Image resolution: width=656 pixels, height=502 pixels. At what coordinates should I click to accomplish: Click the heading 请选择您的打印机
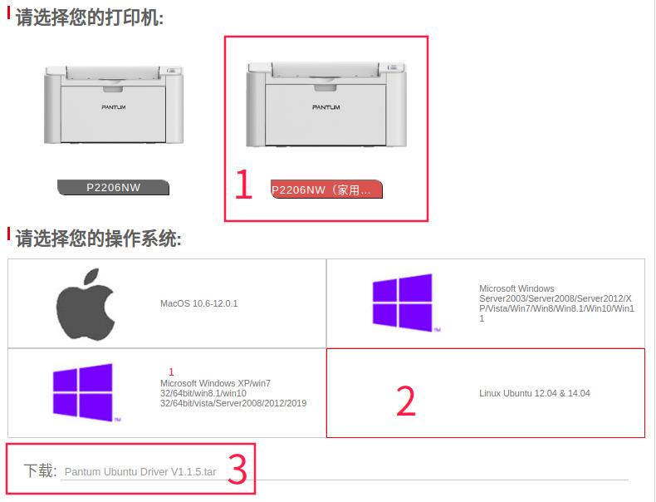(x=90, y=17)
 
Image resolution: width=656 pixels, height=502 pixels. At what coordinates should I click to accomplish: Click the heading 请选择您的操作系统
(x=98, y=239)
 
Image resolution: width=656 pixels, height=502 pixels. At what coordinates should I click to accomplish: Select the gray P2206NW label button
(x=114, y=188)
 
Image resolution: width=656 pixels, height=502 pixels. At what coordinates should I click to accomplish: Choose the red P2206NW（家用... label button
(x=326, y=190)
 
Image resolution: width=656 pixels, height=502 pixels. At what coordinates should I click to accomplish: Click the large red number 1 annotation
(x=242, y=185)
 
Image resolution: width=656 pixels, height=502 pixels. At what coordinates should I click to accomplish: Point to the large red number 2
(x=405, y=401)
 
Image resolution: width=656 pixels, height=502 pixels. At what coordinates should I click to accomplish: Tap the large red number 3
(x=237, y=470)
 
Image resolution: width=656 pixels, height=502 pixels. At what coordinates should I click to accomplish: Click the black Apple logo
(x=86, y=303)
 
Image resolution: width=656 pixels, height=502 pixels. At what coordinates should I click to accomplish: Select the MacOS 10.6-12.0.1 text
(x=199, y=303)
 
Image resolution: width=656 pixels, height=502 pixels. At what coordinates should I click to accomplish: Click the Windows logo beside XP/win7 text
(x=84, y=392)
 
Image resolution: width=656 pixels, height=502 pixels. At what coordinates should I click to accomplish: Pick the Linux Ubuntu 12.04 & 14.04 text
(x=535, y=393)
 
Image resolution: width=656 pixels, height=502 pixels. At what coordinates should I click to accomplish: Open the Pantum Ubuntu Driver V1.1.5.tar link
(x=140, y=472)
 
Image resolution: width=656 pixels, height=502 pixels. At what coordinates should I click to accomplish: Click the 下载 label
(x=39, y=471)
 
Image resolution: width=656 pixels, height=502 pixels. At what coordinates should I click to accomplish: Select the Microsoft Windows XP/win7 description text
(x=233, y=393)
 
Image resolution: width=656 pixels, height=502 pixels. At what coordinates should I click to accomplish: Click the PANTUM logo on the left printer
(x=114, y=107)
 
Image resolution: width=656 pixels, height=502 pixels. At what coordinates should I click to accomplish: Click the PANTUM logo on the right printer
(x=326, y=107)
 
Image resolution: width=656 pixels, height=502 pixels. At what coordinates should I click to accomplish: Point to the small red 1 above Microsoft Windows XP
(x=171, y=372)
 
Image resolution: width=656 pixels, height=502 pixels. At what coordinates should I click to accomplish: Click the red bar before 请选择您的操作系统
(x=9, y=236)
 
